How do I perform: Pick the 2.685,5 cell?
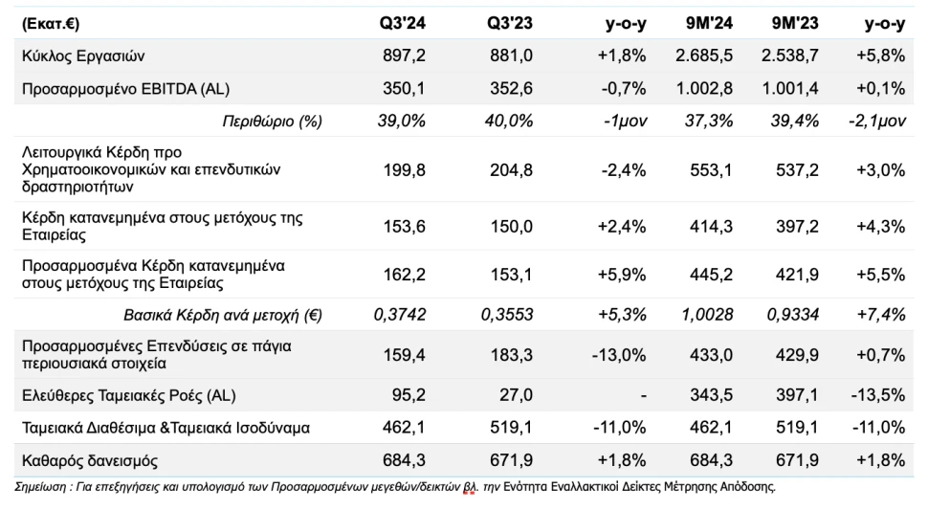707,56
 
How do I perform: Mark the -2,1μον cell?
876,122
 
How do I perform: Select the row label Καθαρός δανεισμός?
83,459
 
